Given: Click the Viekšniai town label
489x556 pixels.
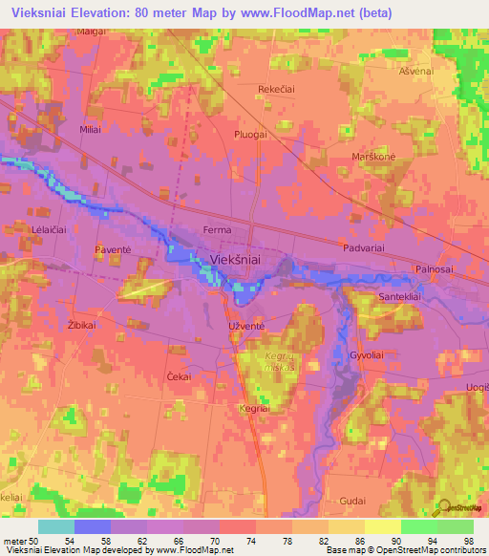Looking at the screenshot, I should pos(235,258).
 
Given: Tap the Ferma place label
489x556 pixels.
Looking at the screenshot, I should pos(219,230).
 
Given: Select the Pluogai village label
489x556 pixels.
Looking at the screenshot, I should pos(248,135).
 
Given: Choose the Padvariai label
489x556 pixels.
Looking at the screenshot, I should pos(364,247).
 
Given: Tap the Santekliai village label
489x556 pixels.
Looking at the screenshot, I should pos(379,299).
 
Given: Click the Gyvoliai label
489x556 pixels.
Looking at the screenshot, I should pos(367,353).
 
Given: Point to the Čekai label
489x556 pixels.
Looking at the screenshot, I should pos(179,376).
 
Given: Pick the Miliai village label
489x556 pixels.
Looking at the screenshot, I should pos(92,129).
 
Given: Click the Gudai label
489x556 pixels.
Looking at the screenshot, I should pos(352,501).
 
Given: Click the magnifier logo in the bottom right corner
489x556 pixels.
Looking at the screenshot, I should pos(443,509).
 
